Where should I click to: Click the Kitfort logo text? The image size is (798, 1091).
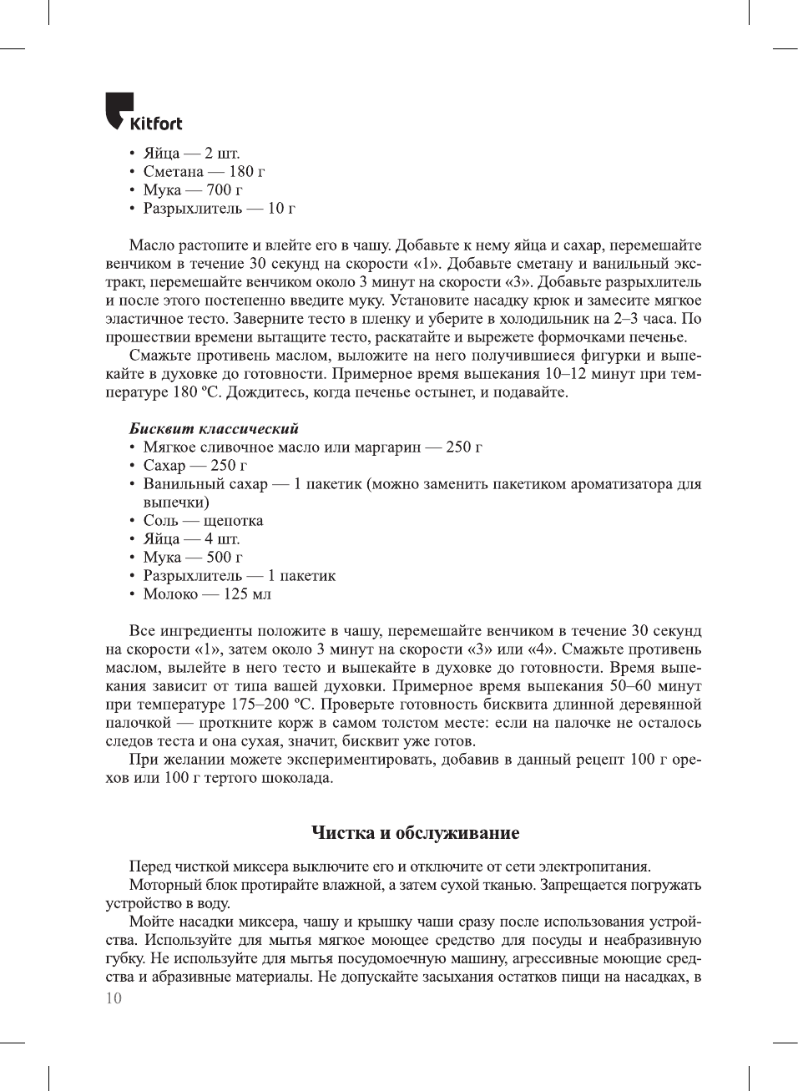point(156,124)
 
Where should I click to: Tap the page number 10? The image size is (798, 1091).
point(114,998)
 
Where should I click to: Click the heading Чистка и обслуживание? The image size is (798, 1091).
point(415,833)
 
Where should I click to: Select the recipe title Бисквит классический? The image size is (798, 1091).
point(214,429)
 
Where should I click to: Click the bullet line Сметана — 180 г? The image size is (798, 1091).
point(204,172)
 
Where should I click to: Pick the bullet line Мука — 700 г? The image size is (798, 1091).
point(193,190)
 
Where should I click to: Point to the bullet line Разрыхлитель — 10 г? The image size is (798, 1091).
point(219,209)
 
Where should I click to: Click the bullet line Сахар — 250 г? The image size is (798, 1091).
point(194,466)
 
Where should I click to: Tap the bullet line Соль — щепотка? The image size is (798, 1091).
point(203,521)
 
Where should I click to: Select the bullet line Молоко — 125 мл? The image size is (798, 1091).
point(207,594)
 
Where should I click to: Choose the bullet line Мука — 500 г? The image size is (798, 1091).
point(193,558)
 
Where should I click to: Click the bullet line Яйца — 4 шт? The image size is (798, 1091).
point(191,539)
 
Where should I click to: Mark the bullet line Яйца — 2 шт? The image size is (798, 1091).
point(191,154)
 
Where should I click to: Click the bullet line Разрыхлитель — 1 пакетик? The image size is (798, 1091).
point(239,576)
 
